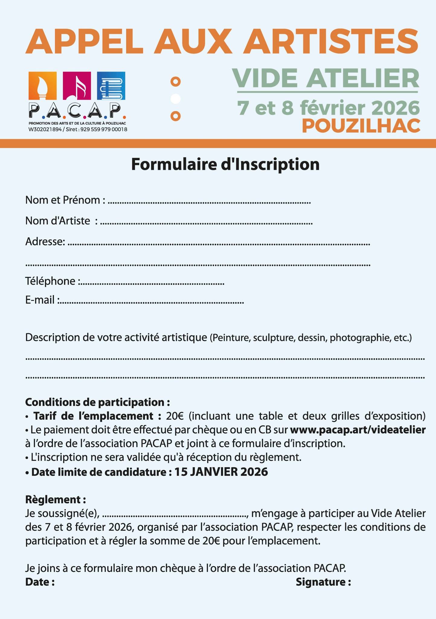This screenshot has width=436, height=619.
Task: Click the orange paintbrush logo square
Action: coord(43,86)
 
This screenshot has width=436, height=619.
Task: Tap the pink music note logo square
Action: coord(77,86)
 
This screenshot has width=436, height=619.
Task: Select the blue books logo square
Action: coord(111,86)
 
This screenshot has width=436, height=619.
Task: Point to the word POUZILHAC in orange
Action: coord(361,126)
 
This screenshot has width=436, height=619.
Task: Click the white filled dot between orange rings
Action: coord(175,99)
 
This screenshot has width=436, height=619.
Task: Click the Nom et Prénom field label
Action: coord(65,200)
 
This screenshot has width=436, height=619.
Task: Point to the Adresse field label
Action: coord(45,241)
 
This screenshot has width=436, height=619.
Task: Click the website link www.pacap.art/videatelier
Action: coord(358,429)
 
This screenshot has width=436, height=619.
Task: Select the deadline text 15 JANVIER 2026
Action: coord(221,472)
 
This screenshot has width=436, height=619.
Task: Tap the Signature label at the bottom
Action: coord(323,582)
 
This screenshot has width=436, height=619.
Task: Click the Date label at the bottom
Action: coord(40,582)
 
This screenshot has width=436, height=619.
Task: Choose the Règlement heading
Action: coord(56,500)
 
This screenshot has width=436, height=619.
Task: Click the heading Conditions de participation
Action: coord(98,402)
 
